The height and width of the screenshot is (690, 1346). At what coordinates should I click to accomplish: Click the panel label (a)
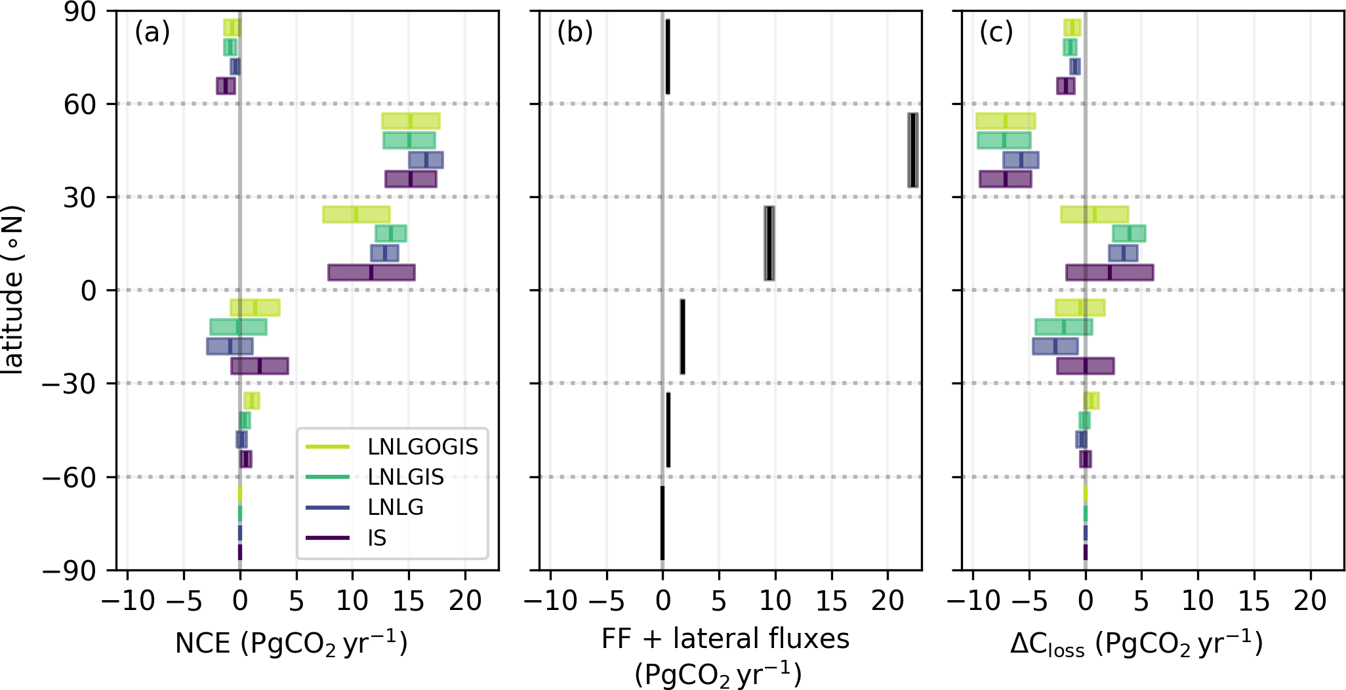coord(152,31)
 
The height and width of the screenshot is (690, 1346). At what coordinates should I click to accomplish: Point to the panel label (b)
coord(575,31)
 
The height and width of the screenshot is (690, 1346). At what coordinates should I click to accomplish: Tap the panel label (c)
coord(996,31)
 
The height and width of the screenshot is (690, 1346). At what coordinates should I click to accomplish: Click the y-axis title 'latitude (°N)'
coord(13,290)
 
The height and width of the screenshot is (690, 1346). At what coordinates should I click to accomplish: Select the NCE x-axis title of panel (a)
coord(291,643)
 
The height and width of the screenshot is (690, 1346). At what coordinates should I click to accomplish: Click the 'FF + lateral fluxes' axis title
coord(725,638)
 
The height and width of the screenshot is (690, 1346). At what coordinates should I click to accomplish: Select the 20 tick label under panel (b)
coord(887,600)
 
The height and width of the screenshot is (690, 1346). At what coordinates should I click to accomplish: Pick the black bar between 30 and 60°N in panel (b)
coord(912,150)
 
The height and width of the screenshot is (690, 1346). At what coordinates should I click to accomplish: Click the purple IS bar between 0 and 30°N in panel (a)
coord(371,272)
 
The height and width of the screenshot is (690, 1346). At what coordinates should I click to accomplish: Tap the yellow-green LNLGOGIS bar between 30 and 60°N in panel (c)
coord(1005,121)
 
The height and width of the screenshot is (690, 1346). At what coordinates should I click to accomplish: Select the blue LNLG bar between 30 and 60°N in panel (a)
coord(426,160)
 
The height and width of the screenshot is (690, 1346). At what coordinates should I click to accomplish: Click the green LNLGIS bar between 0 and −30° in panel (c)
coord(1063,327)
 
